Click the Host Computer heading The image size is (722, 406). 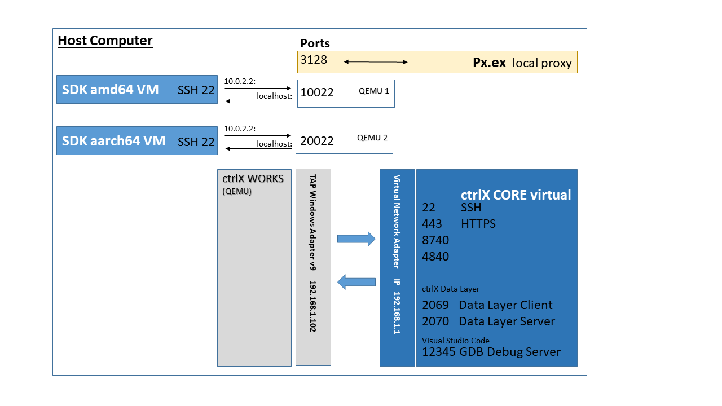pyautogui.click(x=105, y=41)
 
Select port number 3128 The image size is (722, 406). pyautogui.click(x=314, y=59)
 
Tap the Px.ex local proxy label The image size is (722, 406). pyautogui.click(x=522, y=63)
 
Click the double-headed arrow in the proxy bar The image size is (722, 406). pyautogui.click(x=376, y=61)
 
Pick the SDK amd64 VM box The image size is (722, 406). pyautogui.click(x=137, y=89)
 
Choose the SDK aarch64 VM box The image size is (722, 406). pyautogui.click(x=137, y=140)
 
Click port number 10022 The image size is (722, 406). pyautogui.click(x=317, y=92)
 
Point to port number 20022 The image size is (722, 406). pyautogui.click(x=317, y=141)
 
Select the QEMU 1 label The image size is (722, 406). pyautogui.click(x=373, y=90)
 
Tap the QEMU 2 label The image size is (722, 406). pyautogui.click(x=372, y=138)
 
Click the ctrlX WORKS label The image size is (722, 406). pyautogui.click(x=253, y=179)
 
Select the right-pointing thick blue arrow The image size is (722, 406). pyautogui.click(x=356, y=239)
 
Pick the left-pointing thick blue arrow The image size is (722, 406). pyautogui.click(x=356, y=281)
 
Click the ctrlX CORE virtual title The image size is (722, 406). pyautogui.click(x=516, y=195)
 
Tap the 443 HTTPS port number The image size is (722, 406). pyautogui.click(x=432, y=224)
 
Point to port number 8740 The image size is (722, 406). pyautogui.click(x=435, y=240)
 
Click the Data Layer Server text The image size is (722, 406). pyautogui.click(x=507, y=321)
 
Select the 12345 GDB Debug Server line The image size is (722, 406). pyautogui.click(x=491, y=352)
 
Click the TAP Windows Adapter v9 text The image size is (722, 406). pyautogui.click(x=313, y=223)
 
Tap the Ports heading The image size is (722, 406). pyautogui.click(x=315, y=43)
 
